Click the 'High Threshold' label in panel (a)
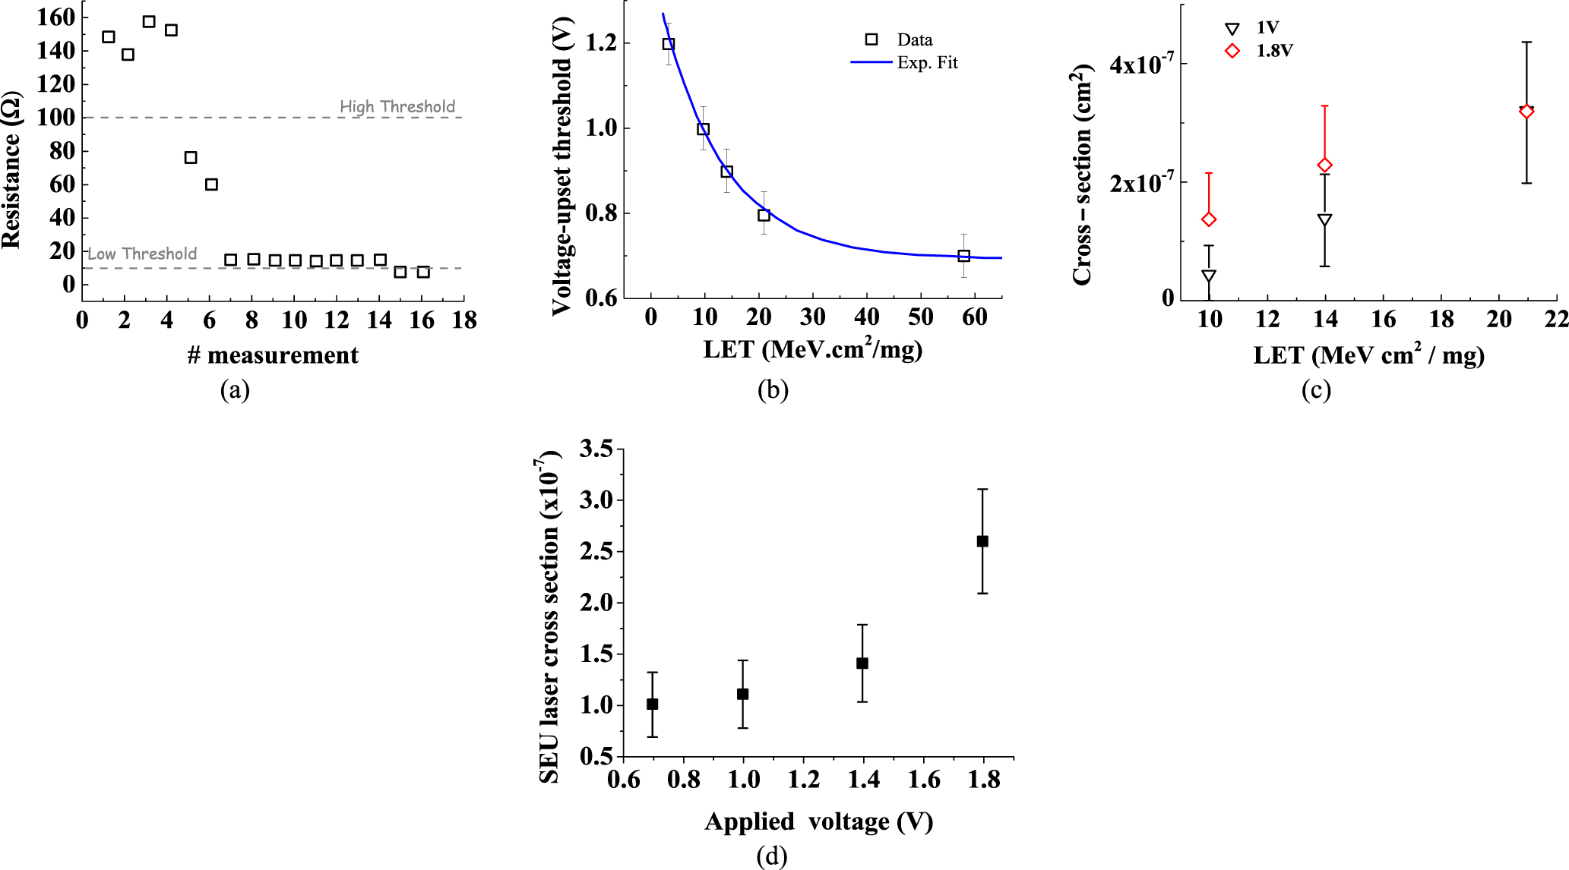(397, 106)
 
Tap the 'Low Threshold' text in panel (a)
(142, 254)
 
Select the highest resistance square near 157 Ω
(149, 21)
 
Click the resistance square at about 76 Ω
(191, 157)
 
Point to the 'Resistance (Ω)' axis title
(11, 171)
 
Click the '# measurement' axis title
(273, 355)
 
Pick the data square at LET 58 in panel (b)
(963, 256)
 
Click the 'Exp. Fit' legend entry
(927, 62)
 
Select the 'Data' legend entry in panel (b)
(914, 39)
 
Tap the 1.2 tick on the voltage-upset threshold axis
(601, 43)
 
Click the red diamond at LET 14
(1324, 165)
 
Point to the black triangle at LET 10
(1209, 276)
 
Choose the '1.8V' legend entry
(1274, 51)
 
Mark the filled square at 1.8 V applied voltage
(982, 541)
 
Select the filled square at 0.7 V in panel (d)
(652, 705)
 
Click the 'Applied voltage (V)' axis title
(818, 821)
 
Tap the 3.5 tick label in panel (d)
(596, 449)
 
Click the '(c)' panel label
(1315, 389)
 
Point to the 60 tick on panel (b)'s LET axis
(975, 317)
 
